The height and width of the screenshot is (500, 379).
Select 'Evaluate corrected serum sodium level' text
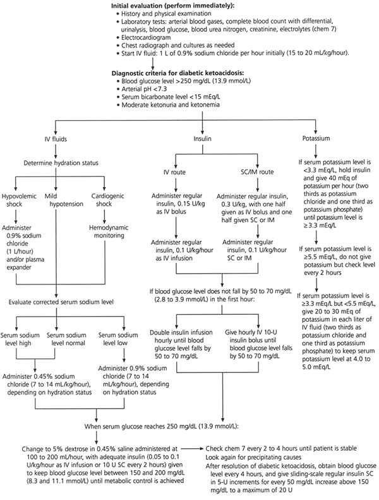tap(60, 302)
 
